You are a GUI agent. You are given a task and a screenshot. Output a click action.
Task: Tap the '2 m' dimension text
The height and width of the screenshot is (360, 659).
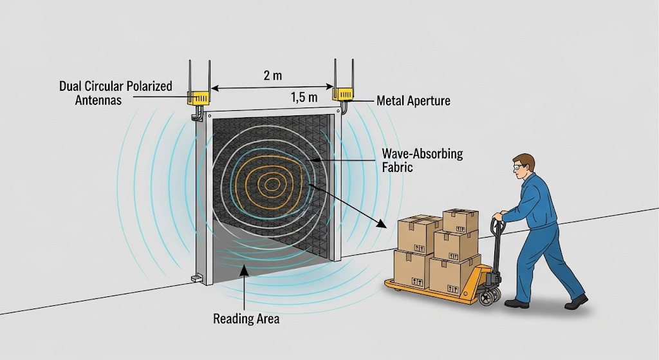tap(273, 75)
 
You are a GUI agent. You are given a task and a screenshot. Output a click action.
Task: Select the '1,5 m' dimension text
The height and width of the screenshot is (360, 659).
tap(304, 97)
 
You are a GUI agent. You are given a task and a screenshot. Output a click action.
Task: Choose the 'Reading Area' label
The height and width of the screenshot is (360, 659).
tap(247, 319)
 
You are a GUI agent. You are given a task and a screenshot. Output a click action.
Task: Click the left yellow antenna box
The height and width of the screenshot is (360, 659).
tap(198, 98)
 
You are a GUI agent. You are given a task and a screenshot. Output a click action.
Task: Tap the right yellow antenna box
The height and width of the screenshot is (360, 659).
tap(342, 94)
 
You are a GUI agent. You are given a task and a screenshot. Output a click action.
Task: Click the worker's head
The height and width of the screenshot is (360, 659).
tap(524, 166)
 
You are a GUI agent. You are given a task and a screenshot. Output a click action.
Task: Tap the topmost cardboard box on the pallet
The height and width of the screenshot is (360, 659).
tap(460, 220)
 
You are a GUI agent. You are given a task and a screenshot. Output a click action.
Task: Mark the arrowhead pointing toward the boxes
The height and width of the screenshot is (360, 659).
tap(383, 225)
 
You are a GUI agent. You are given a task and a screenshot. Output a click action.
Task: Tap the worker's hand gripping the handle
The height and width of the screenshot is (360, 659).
tap(498, 218)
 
